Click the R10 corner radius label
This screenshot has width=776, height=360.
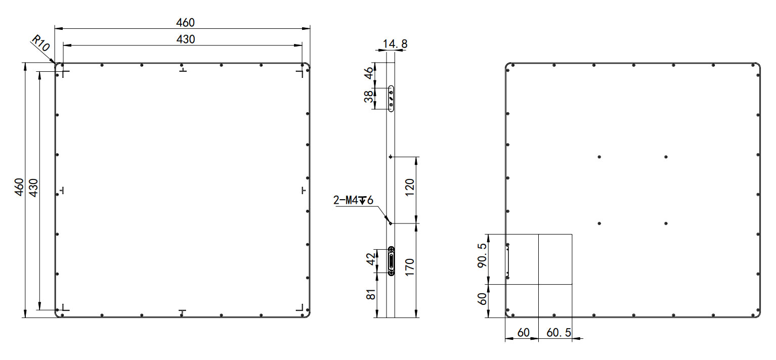tap(41, 43)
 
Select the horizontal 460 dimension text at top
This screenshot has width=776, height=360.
tap(185, 22)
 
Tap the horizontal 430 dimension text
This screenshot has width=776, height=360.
tap(185, 39)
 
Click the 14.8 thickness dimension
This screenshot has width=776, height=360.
tap(395, 44)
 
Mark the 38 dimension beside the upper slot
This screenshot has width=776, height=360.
tap(370, 97)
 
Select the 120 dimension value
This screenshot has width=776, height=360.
tap(410, 187)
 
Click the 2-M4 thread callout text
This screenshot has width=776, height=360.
tap(353, 201)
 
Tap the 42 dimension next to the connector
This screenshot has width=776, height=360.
tap(371, 260)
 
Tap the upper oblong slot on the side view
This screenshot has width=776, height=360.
tap(391, 98)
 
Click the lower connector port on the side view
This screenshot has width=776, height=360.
tap(391, 261)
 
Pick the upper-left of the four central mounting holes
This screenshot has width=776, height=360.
tap(599, 157)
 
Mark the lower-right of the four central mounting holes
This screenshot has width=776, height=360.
tap(666, 223)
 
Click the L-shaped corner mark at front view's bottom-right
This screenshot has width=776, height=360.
tap(300, 307)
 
